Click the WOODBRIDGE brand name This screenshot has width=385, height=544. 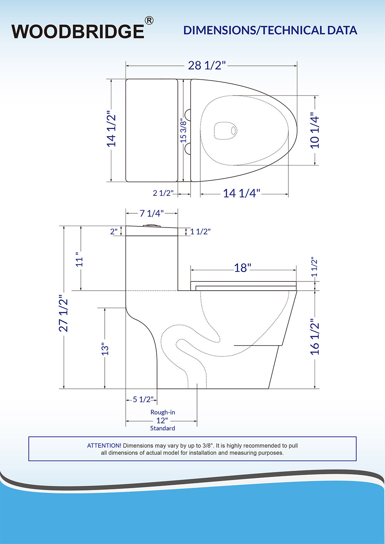[78, 31]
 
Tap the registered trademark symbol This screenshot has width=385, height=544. [149, 21]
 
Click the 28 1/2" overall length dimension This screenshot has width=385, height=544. [207, 65]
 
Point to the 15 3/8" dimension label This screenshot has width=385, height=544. [183, 131]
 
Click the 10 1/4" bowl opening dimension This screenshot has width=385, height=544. [315, 131]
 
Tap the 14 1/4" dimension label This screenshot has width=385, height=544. [241, 193]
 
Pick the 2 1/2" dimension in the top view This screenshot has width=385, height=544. [163, 193]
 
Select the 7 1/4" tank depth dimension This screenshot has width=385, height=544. [152, 213]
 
